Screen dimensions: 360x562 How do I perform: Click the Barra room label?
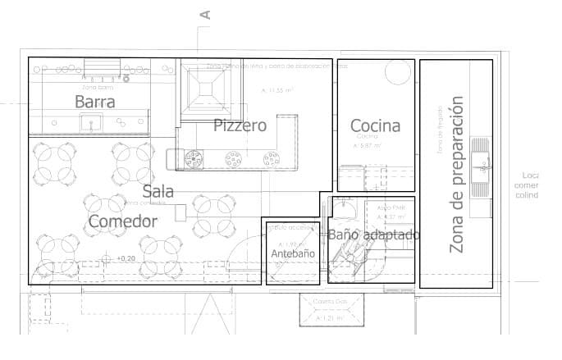tap(94, 102)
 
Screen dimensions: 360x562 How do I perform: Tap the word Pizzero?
tap(240, 125)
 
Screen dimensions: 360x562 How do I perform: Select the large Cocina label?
tap(375, 125)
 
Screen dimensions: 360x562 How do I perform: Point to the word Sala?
tap(158, 191)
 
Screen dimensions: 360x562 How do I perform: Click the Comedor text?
tap(122, 221)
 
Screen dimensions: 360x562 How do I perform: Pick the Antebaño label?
tap(293, 254)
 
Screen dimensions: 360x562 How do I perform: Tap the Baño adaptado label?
tap(374, 235)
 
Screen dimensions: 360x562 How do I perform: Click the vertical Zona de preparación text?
tap(457, 175)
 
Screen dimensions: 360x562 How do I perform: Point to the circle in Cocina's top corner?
tap(398, 72)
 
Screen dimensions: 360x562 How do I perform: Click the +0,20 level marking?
tap(126, 259)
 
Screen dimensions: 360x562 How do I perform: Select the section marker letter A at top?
tap(205, 14)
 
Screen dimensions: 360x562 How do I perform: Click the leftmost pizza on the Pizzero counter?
tap(194, 157)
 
